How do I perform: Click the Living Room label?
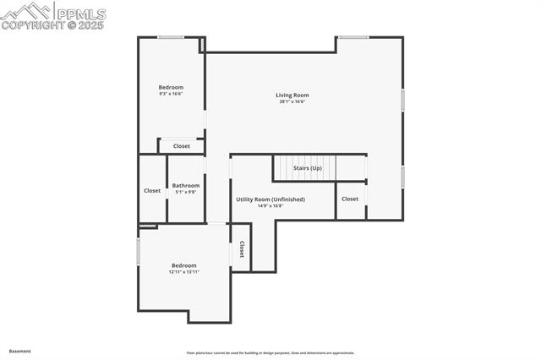(292, 95)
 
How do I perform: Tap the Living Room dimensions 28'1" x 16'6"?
(292, 101)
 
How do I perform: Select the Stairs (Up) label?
(308, 168)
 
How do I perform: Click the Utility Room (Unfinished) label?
(270, 199)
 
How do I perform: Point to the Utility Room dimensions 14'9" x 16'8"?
(270, 205)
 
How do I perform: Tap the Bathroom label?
(186, 186)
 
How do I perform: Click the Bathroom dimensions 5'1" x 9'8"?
(186, 192)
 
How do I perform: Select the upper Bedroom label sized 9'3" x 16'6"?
(171, 87)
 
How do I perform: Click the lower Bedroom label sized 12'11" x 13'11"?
(184, 265)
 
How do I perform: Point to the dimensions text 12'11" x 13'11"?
(184, 272)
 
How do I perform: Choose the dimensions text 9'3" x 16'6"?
(171, 94)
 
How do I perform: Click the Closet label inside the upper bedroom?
(182, 146)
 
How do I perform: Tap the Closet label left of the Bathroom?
(152, 190)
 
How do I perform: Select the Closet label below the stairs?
(350, 199)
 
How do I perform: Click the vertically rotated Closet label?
(242, 249)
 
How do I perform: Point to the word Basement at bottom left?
(20, 351)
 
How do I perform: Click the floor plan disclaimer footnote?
(270, 353)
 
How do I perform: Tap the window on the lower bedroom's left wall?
(139, 252)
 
